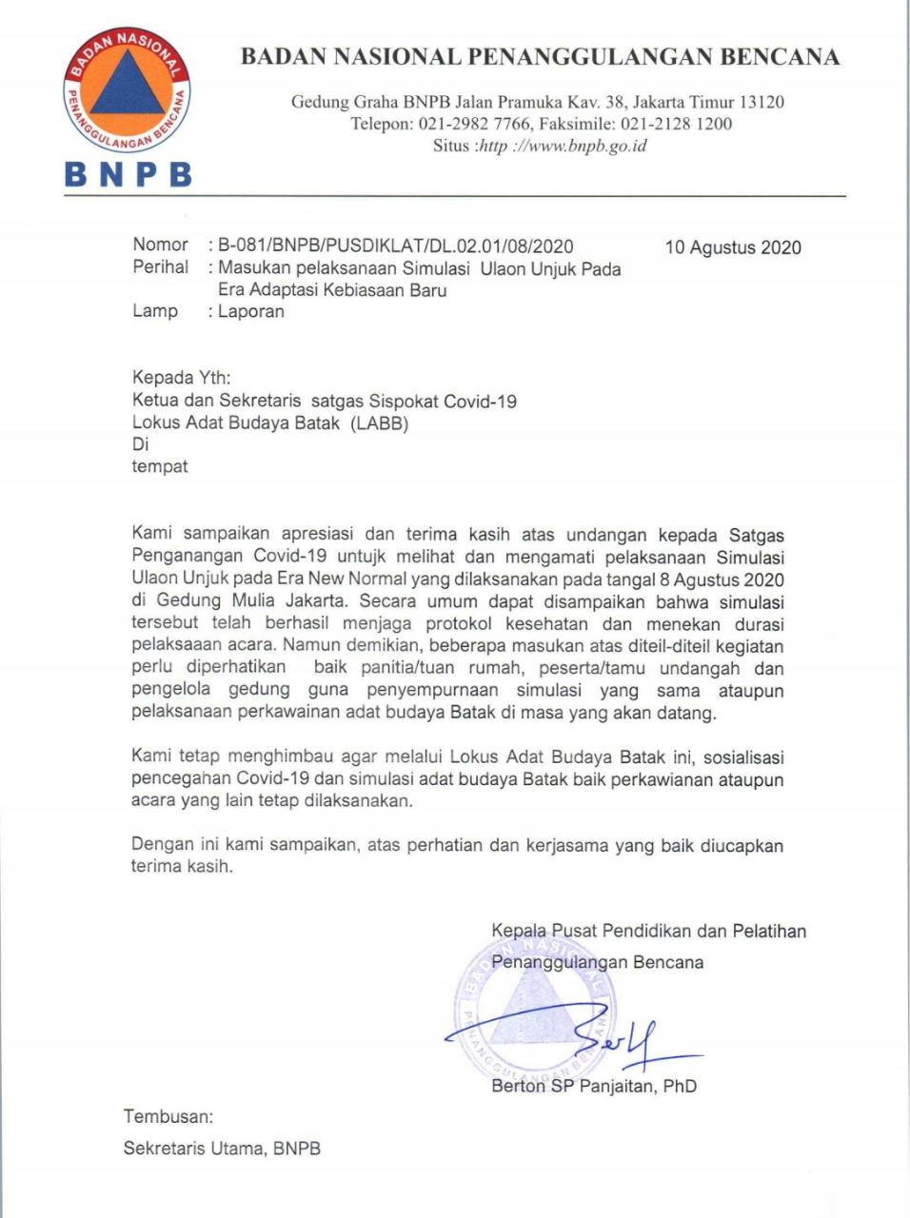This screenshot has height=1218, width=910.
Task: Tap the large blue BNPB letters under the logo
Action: pos(128,174)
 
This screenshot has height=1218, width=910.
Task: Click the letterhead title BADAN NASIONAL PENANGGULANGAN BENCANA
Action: pos(540,57)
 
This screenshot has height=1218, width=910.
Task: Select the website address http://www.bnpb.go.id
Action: pos(562,146)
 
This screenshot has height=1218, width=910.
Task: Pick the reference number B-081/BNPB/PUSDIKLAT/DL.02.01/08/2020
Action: pos(395,246)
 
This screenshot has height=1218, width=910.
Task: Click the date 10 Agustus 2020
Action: pos(733,247)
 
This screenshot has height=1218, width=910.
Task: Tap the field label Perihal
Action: pos(160,267)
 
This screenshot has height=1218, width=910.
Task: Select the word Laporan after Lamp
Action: pos(251,311)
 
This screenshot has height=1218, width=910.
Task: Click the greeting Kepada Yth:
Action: pos(181,378)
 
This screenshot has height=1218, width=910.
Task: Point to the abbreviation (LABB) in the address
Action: pos(379,423)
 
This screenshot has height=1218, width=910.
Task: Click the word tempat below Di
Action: pos(159,466)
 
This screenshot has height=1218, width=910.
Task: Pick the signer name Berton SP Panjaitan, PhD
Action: pos(594,1086)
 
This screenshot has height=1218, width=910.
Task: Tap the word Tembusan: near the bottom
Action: pos(168,1116)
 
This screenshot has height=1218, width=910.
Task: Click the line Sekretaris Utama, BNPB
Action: pos(222,1148)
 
